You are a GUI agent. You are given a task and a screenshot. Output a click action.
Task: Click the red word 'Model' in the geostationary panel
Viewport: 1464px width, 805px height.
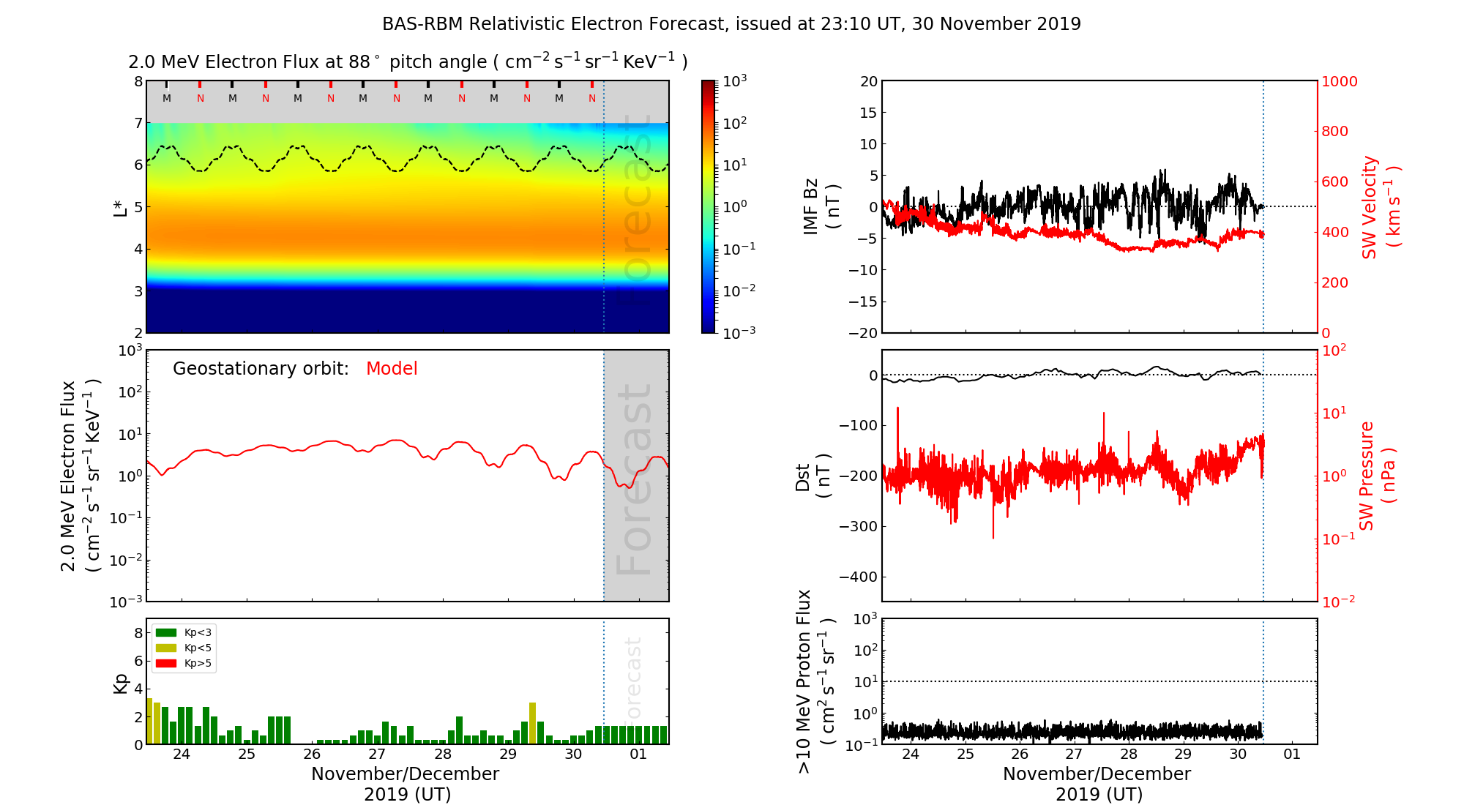pyautogui.click(x=392, y=369)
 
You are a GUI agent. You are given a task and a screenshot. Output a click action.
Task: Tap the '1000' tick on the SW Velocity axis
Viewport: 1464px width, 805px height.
pyautogui.click(x=1339, y=81)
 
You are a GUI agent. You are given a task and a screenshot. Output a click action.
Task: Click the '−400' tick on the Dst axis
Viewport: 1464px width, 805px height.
pyautogui.click(x=858, y=577)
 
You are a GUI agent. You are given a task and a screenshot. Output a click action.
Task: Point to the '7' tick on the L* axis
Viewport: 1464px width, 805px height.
pyautogui.click(x=138, y=123)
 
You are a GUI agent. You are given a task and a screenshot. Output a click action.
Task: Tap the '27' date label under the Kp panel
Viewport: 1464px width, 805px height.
pyautogui.click(x=377, y=755)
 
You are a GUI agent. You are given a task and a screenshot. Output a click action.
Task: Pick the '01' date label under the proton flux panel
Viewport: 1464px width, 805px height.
pyautogui.click(x=1292, y=755)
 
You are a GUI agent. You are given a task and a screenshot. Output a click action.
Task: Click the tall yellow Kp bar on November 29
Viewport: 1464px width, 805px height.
pyautogui.click(x=532, y=723)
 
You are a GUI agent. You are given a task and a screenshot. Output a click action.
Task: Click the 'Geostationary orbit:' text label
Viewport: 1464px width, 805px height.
pyautogui.click(x=261, y=369)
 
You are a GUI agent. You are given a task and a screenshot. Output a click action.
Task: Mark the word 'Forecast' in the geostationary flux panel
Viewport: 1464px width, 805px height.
pyautogui.click(x=634, y=479)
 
